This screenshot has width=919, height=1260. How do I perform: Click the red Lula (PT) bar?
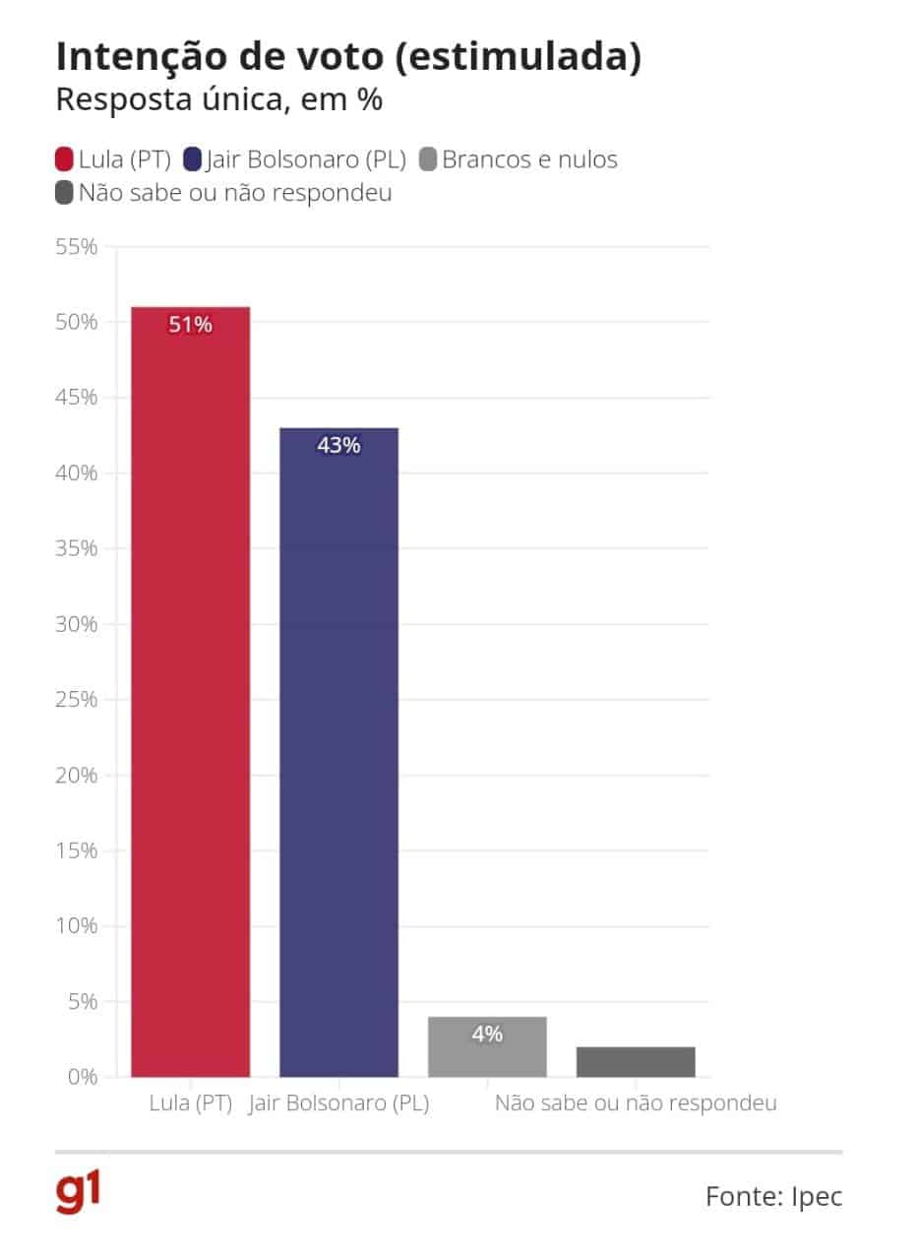pyautogui.click(x=190, y=689)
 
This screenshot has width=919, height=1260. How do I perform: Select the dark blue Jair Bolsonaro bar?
pyautogui.click(x=338, y=748)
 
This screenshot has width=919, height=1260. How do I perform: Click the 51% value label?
pyautogui.click(x=190, y=325)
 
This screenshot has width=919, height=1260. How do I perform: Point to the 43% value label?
pyautogui.click(x=338, y=446)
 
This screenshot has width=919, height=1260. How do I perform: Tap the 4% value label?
pyautogui.click(x=487, y=1034)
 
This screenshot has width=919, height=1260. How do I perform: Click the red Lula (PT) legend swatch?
pyautogui.click(x=65, y=159)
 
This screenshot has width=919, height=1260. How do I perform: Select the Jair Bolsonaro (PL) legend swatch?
pyautogui.click(x=193, y=159)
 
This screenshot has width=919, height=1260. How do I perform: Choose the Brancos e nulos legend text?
pyautogui.click(x=529, y=159)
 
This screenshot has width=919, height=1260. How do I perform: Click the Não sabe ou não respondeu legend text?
pyautogui.click(x=234, y=193)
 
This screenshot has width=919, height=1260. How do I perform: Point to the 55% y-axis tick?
pyautogui.click(x=75, y=247)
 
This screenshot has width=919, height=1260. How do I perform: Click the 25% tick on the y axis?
pyautogui.click(x=75, y=700)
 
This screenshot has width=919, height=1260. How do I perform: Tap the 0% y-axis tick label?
pyautogui.click(x=81, y=1077)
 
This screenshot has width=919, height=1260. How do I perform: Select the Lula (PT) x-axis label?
pyautogui.click(x=190, y=1103)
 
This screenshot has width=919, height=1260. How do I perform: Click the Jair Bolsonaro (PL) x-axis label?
pyautogui.click(x=338, y=1103)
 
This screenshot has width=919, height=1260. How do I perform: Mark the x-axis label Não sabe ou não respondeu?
pyautogui.click(x=636, y=1103)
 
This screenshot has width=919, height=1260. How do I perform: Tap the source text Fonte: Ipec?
pyautogui.click(x=773, y=1196)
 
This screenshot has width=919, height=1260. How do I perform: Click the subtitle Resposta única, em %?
pyautogui.click(x=218, y=99)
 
